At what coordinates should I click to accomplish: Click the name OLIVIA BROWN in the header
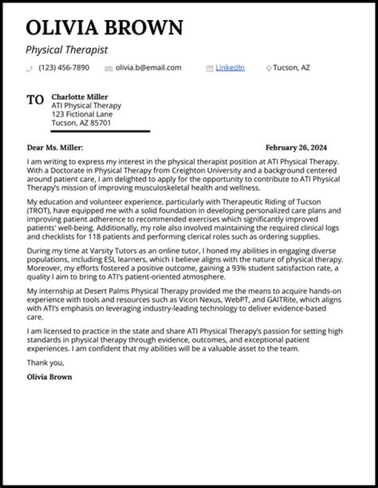104,27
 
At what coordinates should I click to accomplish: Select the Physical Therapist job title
67,50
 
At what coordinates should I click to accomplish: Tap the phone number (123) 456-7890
64,68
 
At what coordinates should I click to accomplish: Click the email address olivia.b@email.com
148,68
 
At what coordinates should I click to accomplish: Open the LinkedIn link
230,68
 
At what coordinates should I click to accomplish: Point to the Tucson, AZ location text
291,68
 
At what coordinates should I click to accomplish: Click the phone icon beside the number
29,68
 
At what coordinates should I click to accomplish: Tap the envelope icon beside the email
109,68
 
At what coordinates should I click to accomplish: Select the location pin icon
269,68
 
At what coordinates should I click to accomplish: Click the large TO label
35,100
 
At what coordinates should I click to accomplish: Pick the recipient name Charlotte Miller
80,97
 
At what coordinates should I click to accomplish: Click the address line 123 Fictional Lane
82,114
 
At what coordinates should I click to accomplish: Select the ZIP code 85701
101,123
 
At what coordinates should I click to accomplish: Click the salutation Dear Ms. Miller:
55,148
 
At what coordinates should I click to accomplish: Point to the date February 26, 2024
296,148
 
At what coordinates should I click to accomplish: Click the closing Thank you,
45,363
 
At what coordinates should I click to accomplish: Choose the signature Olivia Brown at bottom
49,377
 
